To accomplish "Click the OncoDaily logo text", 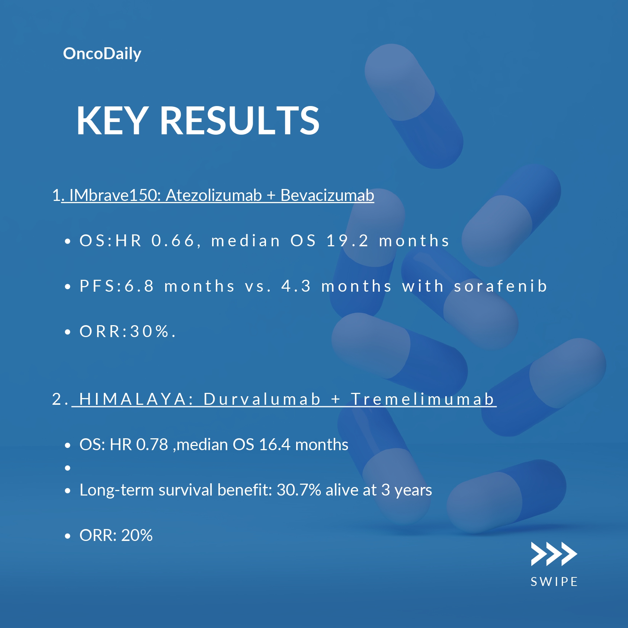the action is point(102,54).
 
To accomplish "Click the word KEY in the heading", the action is point(112,120).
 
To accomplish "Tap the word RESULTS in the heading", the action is point(240,120).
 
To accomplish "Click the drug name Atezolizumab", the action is point(214,195).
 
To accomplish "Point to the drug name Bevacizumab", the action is point(327,195).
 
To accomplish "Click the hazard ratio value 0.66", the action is point(173,241).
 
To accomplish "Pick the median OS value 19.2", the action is point(347,241).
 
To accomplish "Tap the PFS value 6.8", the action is point(139,286).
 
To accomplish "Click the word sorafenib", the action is point(500,286).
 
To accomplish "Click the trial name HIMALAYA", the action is point(136,399).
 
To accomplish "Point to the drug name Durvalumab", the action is point(262,399).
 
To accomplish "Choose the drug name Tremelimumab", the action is point(423,399).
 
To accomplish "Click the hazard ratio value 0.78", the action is point(152,445).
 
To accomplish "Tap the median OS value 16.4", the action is point(275,445).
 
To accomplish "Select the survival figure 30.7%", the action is point(299,490).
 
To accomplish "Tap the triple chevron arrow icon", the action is point(554,554).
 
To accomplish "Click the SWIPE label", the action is point(554,582).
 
